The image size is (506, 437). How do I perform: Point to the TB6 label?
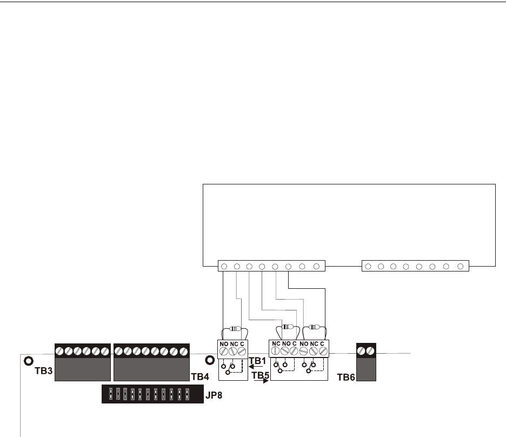[346, 375]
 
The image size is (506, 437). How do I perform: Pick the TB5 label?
[261, 374]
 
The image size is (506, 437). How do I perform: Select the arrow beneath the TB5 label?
[261, 380]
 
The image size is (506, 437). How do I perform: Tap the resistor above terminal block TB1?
[234, 328]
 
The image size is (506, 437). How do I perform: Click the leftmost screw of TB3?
[59, 351]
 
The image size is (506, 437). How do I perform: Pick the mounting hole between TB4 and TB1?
[209, 360]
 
